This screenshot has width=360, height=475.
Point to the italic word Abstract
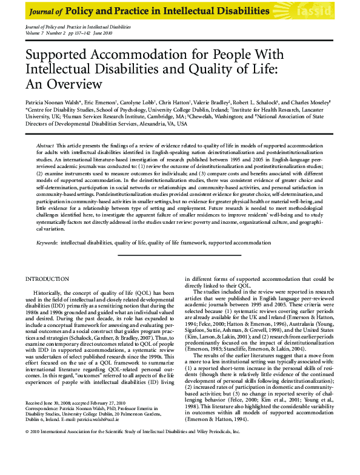[x=45, y=147]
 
